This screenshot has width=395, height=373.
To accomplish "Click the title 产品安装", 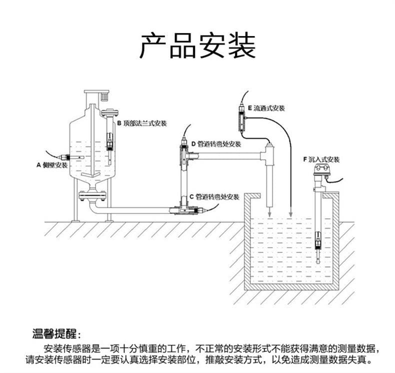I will coord(197,46).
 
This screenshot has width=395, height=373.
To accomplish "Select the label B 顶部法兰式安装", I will coord(142,123).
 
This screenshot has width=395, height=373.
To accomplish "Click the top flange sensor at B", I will coord(108,142).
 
